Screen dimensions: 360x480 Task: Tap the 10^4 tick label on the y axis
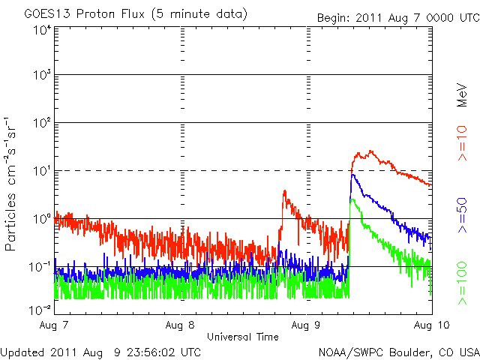[41, 29]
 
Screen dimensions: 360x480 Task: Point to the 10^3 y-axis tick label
[41, 75]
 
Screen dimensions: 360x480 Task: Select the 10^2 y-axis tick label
[41, 122]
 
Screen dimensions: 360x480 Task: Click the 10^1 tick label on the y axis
[41, 170]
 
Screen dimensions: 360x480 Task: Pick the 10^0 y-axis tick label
[41, 218]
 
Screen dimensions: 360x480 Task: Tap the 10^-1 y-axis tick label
[40, 266]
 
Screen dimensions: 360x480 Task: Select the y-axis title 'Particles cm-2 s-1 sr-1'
[13, 183]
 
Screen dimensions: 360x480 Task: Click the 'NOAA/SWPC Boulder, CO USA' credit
[398, 352]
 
